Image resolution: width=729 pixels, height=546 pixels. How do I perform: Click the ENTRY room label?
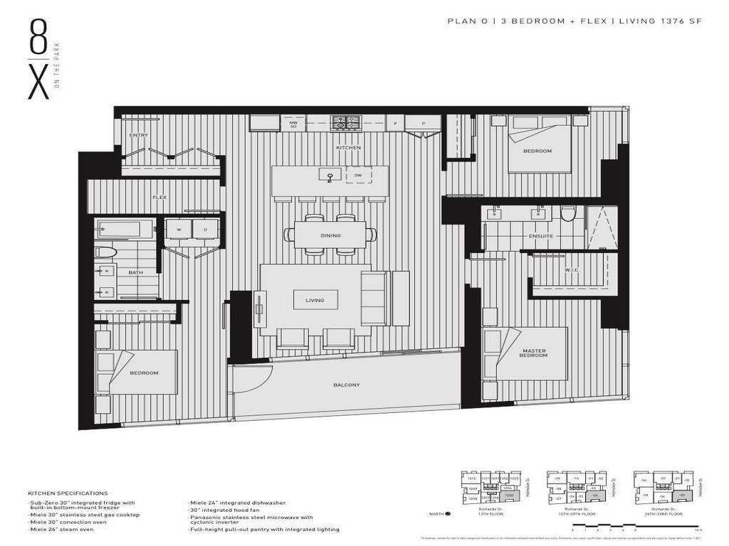coord(138,135)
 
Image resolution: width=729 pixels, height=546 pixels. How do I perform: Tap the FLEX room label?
coord(159,197)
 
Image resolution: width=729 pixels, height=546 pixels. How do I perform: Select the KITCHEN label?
coord(349,148)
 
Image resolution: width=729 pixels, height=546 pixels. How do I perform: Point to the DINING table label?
coord(330,235)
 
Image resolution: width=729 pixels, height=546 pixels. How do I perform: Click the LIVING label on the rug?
coord(315,300)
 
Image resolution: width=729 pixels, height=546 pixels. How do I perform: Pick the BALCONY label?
coord(347,385)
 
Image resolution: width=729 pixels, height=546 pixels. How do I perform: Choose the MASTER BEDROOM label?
coord(533,352)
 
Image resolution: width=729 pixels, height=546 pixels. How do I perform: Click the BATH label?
coord(135,272)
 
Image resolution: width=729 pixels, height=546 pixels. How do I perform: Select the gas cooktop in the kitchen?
coord(346,123)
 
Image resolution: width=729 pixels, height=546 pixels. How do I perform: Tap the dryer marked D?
coord(205,230)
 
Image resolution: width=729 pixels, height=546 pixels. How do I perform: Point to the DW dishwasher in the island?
coord(358,174)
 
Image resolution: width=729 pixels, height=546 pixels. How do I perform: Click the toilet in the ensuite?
coord(567,213)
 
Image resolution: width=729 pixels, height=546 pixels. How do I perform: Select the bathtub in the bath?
coord(125,229)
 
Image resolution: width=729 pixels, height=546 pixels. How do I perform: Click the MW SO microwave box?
coord(293,124)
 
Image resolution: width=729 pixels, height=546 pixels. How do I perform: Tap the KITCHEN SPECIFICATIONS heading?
coord(68,493)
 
